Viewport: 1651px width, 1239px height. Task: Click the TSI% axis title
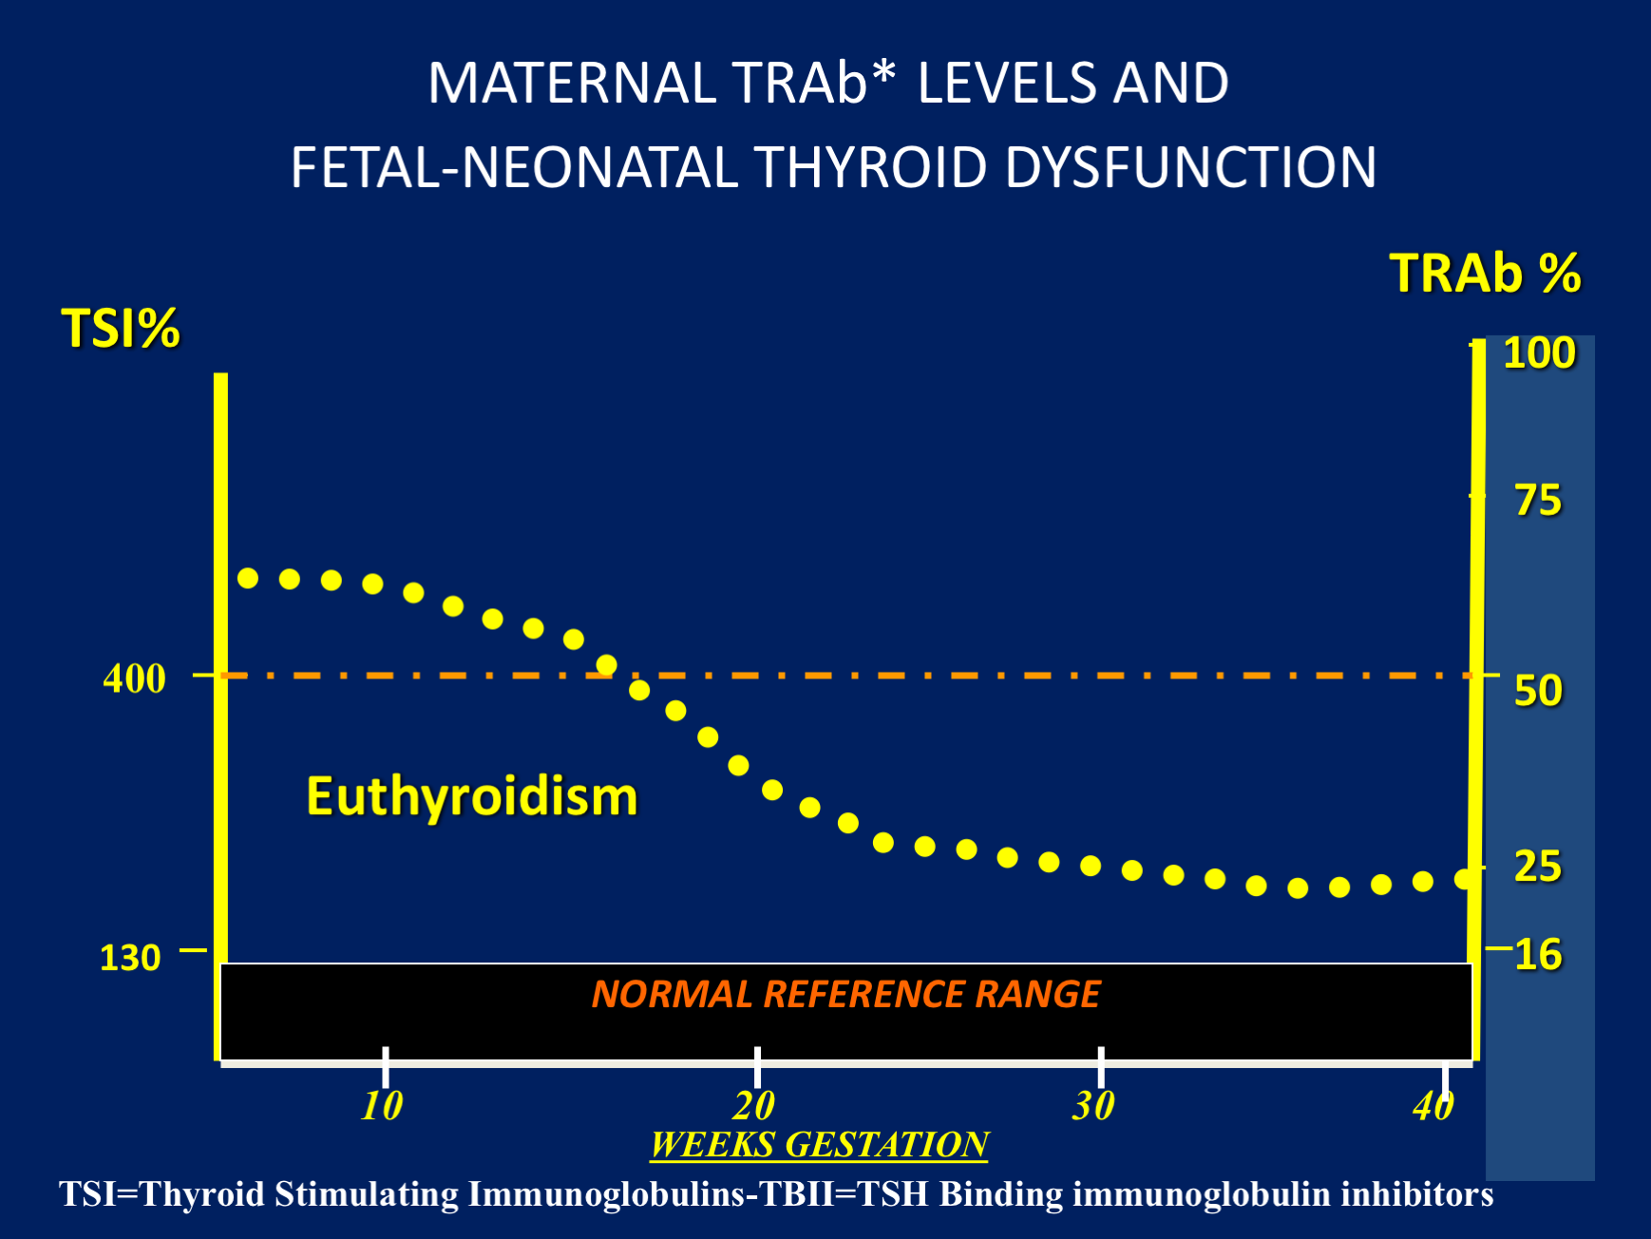[x=121, y=329]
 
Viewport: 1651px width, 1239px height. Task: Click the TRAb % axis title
[x=1485, y=274]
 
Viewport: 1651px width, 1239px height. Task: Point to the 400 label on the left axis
[x=134, y=678]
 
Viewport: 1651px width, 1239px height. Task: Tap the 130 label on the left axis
[x=130, y=958]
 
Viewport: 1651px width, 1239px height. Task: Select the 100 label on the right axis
[x=1539, y=353]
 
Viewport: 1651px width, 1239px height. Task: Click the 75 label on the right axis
[x=1538, y=501]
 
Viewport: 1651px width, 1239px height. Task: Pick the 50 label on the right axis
[x=1538, y=691]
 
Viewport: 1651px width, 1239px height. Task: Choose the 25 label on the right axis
[x=1538, y=867]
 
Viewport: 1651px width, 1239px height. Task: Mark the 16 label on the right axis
[x=1538, y=955]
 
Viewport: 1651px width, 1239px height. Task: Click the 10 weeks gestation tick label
[x=382, y=1106]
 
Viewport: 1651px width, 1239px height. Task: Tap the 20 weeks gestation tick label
[x=754, y=1106]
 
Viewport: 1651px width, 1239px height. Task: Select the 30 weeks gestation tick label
[x=1093, y=1106]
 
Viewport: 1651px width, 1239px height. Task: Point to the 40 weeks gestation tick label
[x=1433, y=1106]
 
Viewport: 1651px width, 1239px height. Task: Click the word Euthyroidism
[x=471, y=796]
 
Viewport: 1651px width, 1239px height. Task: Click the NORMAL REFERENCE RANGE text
[x=845, y=995]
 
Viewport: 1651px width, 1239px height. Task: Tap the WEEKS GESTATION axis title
[x=819, y=1145]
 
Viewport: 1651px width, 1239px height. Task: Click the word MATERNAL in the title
[x=571, y=83]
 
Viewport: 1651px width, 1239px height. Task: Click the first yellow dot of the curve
[x=248, y=579]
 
